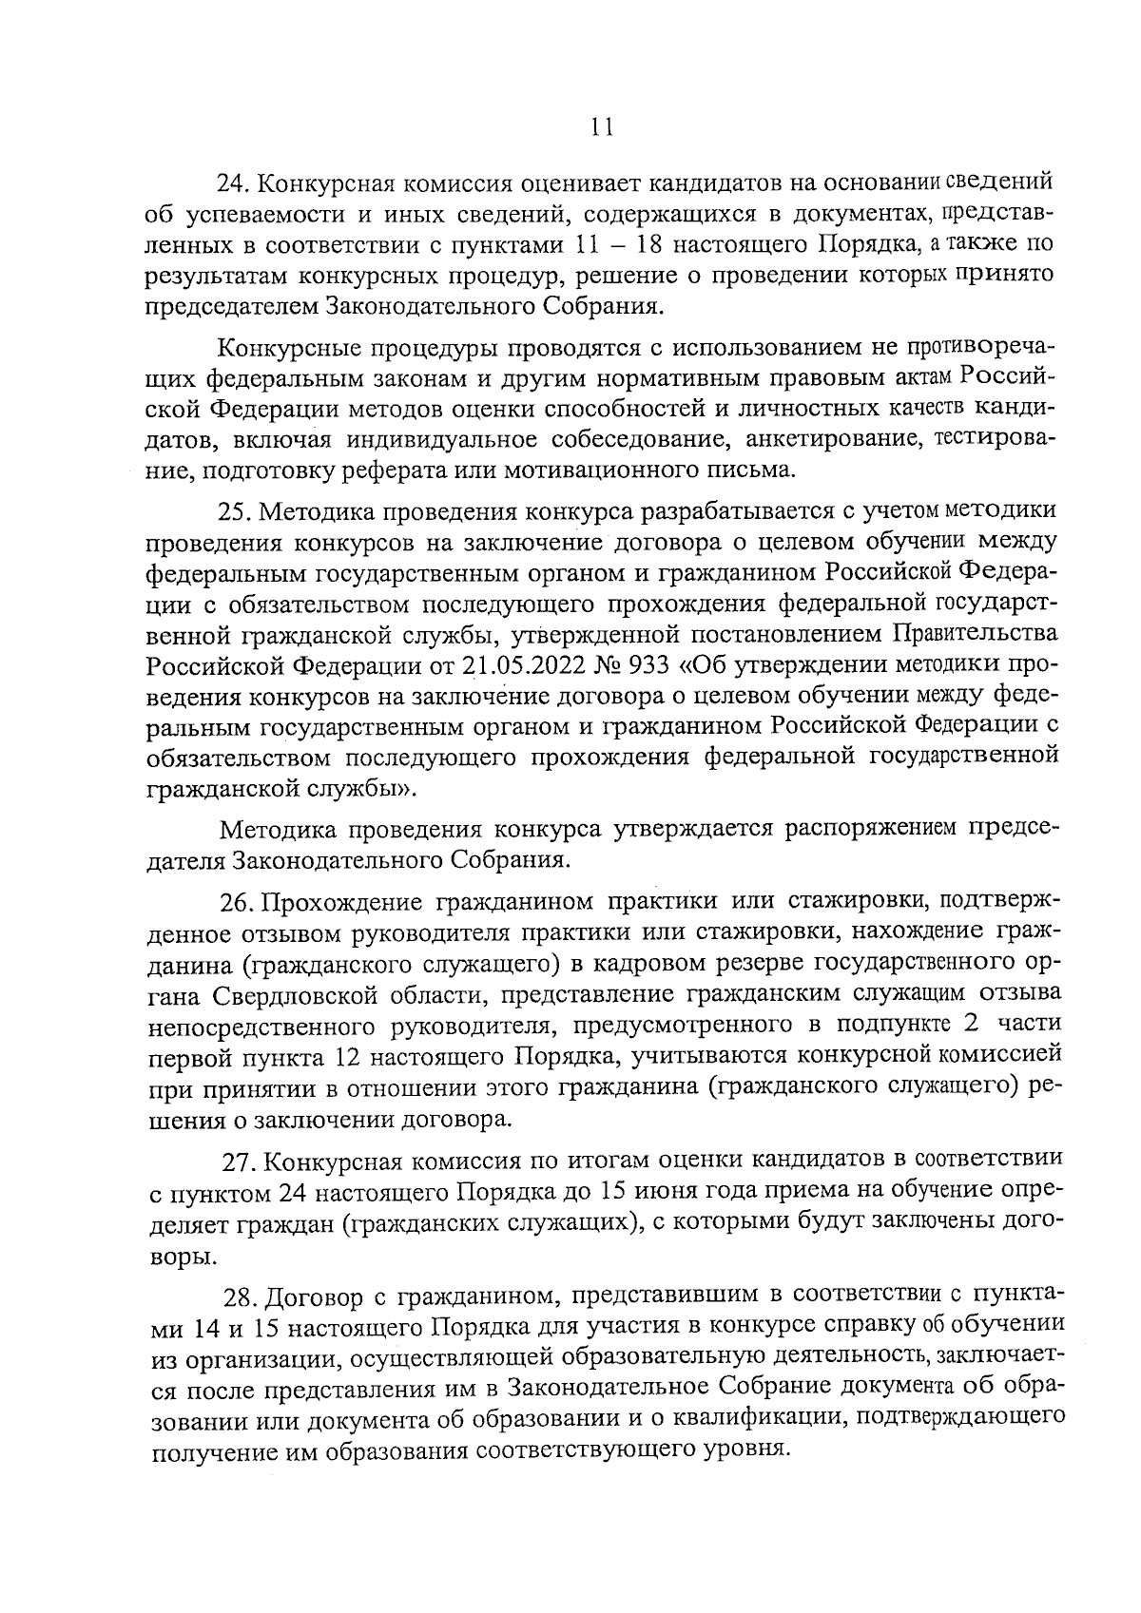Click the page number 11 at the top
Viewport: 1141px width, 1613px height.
pyautogui.click(x=600, y=127)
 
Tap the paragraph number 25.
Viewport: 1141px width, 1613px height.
pyautogui.click(x=237, y=512)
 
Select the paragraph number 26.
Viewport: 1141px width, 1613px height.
pyautogui.click(x=239, y=901)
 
